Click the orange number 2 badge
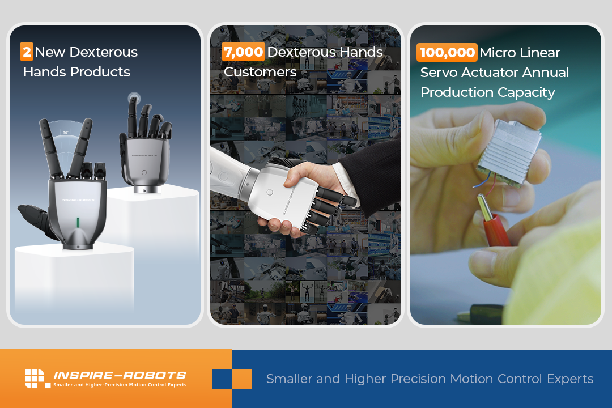pyautogui.click(x=27, y=52)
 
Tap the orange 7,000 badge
pyautogui.click(x=243, y=52)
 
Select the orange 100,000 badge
pyautogui.click(x=447, y=52)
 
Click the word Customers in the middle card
pyautogui.click(x=260, y=72)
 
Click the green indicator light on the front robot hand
pyautogui.click(x=78, y=223)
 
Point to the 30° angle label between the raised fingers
pyautogui.click(x=66, y=133)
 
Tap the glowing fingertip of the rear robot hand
pyautogui.click(x=134, y=97)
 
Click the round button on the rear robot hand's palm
pyautogui.click(x=144, y=172)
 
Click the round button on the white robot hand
pyautogui.click(x=270, y=192)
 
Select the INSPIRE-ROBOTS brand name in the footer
pyautogui.click(x=120, y=375)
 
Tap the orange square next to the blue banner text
pyautogui.click(x=241, y=379)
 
